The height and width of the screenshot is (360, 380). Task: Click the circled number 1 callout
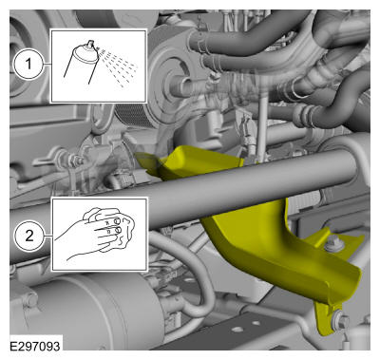point(28,64)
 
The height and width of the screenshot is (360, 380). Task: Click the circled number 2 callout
point(28,236)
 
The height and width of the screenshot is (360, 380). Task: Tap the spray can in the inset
point(82,61)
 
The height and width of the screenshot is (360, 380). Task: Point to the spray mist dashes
point(118,66)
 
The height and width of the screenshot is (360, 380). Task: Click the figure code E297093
point(34,346)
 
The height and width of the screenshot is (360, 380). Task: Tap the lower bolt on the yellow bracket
point(340,321)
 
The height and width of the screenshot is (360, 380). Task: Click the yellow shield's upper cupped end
point(190,161)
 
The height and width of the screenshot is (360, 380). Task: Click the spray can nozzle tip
point(91,42)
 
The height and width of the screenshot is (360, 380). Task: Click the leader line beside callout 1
point(47,64)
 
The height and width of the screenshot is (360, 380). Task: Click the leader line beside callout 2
point(47,236)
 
